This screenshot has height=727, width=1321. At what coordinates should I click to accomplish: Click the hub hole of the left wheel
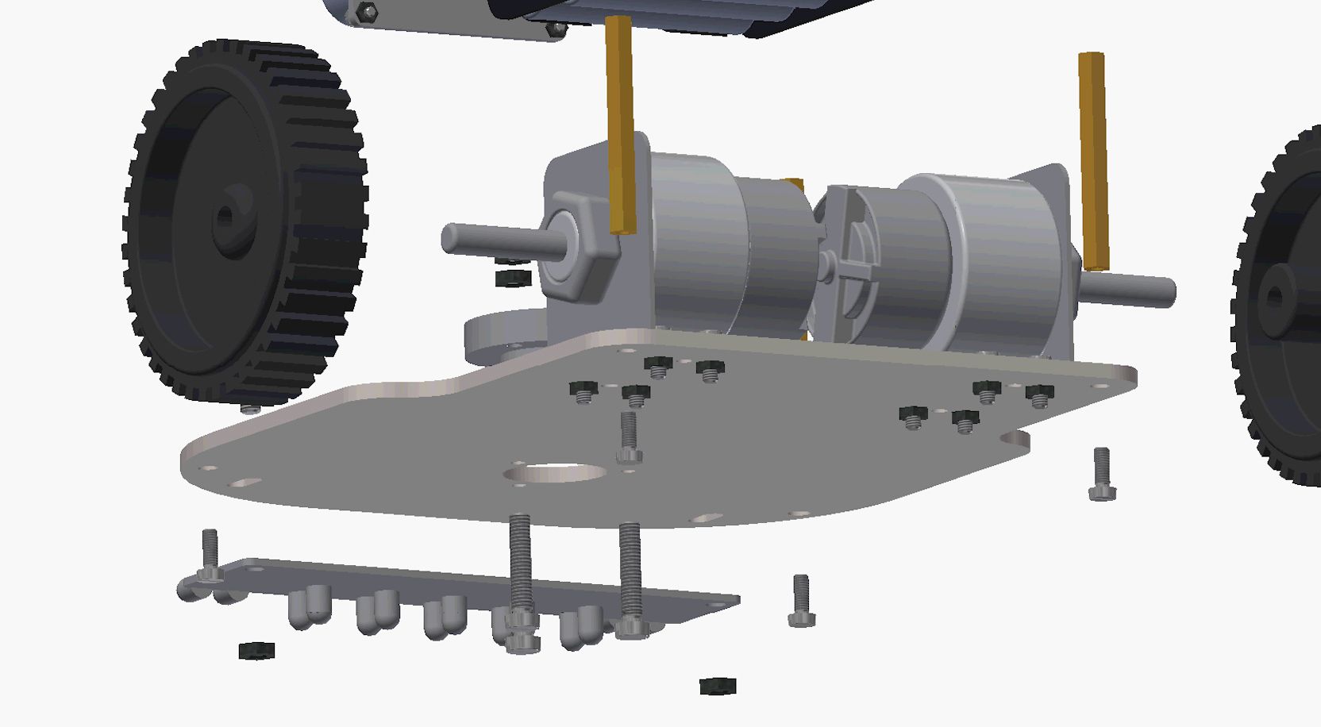(x=225, y=215)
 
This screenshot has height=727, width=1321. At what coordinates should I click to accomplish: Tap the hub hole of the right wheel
(x=1275, y=297)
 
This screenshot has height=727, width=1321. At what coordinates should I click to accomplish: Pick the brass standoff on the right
(x=1093, y=159)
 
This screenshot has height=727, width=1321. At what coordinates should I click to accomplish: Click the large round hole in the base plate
(x=555, y=474)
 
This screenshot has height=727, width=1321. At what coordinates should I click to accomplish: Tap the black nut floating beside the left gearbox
(x=513, y=278)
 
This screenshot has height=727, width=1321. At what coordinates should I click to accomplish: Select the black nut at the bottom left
(x=256, y=651)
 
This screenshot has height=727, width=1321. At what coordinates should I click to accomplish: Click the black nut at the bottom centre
(x=718, y=685)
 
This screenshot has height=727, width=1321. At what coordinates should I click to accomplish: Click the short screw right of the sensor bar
(x=801, y=601)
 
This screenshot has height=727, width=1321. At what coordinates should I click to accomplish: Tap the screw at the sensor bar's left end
(x=210, y=556)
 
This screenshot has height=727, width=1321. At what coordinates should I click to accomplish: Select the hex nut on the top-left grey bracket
(x=366, y=11)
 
